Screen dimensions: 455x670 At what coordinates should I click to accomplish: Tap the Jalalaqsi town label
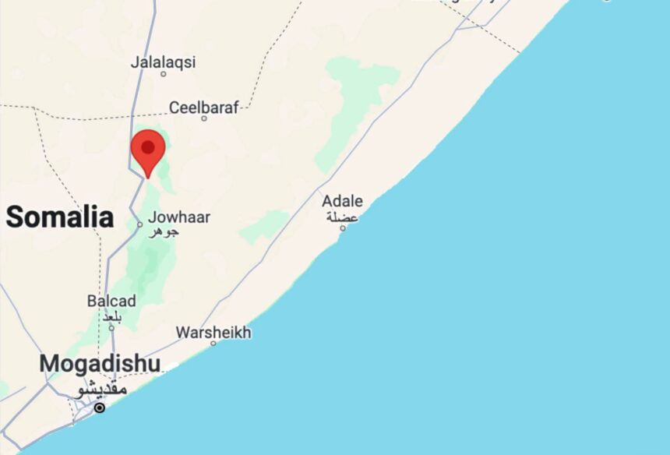coord(164,62)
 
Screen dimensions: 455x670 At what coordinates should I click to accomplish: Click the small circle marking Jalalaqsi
coord(164,74)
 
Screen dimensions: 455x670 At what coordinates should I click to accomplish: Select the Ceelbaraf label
coord(204,108)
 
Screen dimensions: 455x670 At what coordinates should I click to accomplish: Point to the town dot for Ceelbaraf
coord(204,118)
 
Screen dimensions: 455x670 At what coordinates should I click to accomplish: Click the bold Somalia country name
coord(60,217)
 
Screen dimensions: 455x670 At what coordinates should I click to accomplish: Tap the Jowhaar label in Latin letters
coord(179,217)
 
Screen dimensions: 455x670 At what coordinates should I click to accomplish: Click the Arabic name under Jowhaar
coord(164,231)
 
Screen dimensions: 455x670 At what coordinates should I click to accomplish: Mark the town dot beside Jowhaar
coord(140,224)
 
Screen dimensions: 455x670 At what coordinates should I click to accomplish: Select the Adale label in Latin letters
coord(343,202)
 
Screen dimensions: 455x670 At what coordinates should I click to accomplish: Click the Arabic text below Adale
coord(343,217)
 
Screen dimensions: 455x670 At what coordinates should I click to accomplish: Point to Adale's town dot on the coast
coord(342,228)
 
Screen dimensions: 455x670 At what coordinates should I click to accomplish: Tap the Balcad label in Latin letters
coord(111,301)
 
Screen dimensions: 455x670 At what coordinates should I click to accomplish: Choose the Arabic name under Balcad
coord(111,315)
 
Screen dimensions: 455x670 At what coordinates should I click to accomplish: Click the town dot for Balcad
coord(111,327)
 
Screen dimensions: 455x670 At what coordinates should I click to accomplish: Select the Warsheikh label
coord(213,333)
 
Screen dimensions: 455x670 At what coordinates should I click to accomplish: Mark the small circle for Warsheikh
coord(213,343)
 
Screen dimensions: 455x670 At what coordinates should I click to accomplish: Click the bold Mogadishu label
coord(100,364)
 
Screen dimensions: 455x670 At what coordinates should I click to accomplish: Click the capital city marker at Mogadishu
coord(99,407)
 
